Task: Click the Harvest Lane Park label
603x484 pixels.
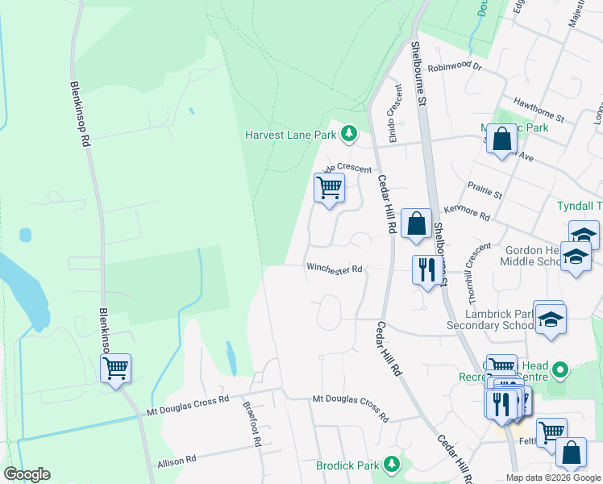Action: [290, 134]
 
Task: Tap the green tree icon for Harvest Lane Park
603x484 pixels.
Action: [348, 133]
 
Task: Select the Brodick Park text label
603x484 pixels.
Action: [347, 465]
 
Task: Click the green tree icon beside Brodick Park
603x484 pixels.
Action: [392, 464]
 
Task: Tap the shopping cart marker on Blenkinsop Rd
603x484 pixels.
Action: [115, 369]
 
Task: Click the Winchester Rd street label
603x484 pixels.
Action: [334, 269]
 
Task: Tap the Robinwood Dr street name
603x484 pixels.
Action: [454, 69]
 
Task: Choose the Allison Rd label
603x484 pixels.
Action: [177, 459]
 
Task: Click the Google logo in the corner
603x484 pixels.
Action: [27, 474]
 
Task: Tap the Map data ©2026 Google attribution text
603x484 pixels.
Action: [552, 478]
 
